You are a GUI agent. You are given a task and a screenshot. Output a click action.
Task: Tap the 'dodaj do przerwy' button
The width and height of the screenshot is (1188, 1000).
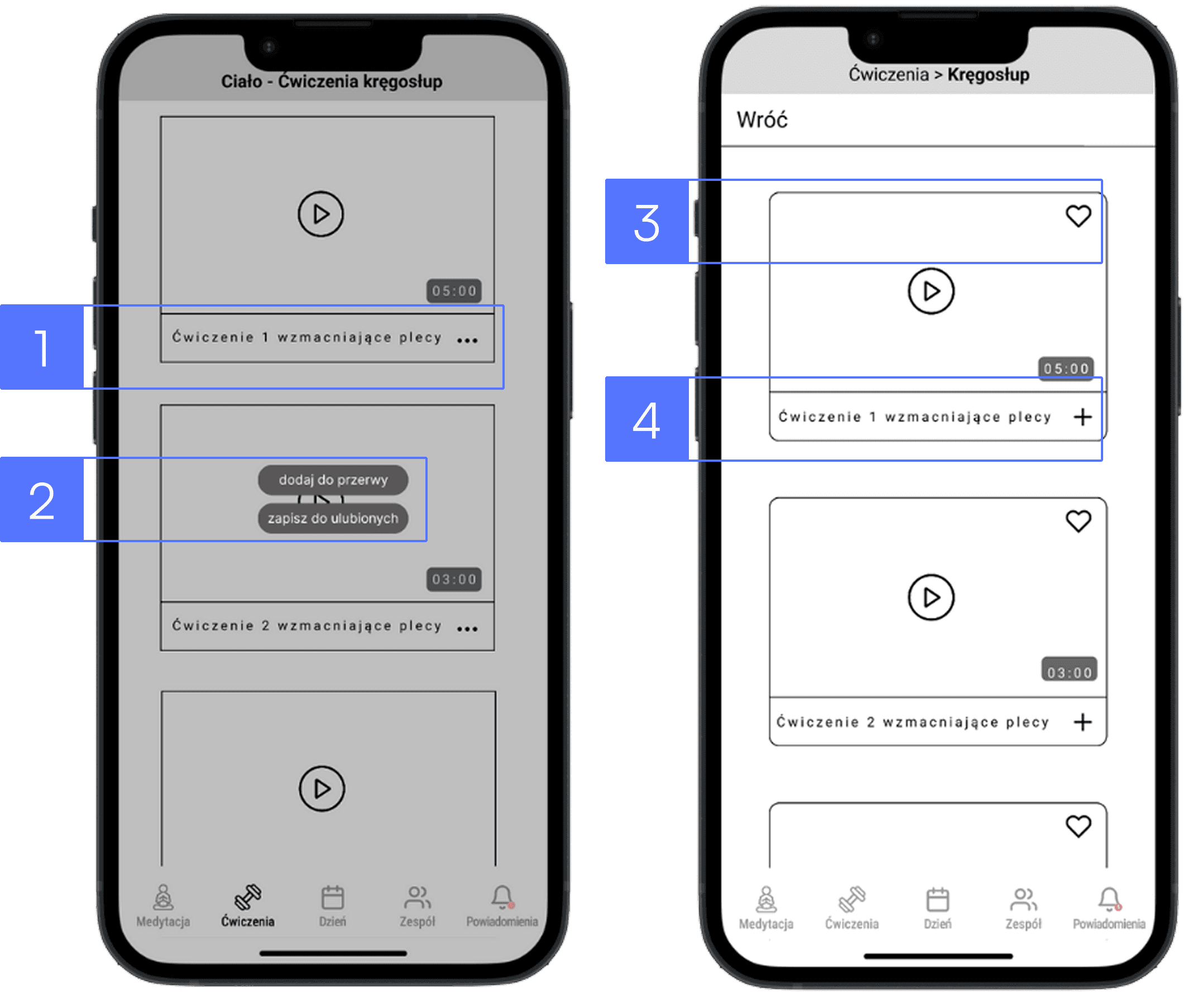click(x=333, y=480)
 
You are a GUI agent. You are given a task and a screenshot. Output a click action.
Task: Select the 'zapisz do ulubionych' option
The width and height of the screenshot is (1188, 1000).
click(x=333, y=518)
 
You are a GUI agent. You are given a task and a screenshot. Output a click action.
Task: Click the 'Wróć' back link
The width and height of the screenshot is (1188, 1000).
click(x=762, y=120)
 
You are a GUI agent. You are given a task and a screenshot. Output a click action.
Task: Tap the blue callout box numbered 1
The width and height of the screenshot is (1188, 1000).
click(x=42, y=347)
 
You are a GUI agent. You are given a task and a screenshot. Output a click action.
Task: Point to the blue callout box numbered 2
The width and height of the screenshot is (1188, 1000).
click(x=42, y=499)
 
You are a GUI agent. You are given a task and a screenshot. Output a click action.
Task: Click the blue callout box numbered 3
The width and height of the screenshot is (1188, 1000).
click(x=646, y=222)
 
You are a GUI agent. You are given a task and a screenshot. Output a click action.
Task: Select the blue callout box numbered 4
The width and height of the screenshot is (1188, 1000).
click(x=646, y=419)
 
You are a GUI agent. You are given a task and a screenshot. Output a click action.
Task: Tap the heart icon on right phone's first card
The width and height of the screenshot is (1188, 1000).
click(x=1078, y=216)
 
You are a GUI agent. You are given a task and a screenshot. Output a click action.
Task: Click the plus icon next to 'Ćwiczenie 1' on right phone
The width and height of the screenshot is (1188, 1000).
click(x=1082, y=417)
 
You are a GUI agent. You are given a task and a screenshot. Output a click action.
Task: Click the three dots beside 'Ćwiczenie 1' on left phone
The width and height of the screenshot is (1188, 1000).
click(x=467, y=340)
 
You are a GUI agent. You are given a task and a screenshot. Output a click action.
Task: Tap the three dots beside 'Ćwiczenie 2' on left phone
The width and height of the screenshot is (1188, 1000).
click(x=467, y=629)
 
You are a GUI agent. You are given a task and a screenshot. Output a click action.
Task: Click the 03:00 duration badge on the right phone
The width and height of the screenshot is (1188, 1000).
click(x=1069, y=671)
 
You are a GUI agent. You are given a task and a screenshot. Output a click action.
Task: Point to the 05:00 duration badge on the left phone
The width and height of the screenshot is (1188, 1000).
click(x=454, y=291)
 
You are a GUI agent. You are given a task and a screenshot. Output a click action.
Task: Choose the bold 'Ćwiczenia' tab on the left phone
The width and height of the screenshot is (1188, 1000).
click(x=248, y=907)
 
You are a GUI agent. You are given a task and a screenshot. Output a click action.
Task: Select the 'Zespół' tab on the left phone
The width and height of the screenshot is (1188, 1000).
click(x=417, y=907)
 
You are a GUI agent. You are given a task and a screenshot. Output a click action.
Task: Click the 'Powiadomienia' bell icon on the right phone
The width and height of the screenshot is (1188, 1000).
click(x=1109, y=900)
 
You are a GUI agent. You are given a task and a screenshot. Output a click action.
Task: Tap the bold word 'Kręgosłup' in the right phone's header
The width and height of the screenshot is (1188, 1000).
click(x=989, y=74)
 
